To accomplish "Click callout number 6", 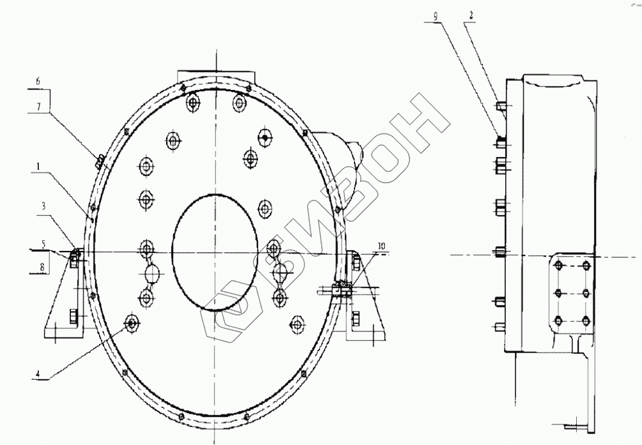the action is (x=38, y=80).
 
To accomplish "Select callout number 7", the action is (x=38, y=107).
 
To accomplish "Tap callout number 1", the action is (x=37, y=167).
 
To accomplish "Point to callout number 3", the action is (x=43, y=206).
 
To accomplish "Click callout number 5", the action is (x=44, y=243).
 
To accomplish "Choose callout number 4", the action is (x=38, y=373).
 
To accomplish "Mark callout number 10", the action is (x=381, y=246).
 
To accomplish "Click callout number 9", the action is (x=435, y=16).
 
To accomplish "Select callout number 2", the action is (x=471, y=16).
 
